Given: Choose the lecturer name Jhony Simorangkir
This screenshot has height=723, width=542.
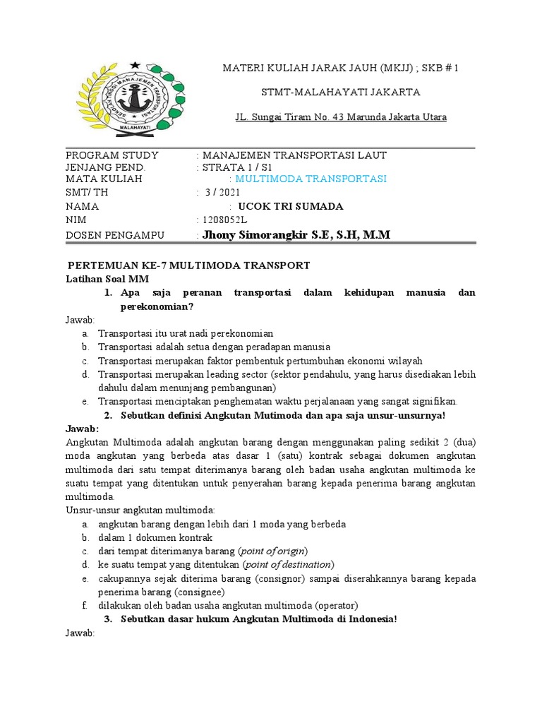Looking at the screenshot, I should coord(296,234).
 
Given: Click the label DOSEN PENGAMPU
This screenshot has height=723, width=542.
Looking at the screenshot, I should coord(114,235).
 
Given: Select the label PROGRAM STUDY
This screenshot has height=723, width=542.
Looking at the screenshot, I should coord(112,155).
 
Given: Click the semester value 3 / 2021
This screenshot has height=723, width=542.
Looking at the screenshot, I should coord(222,193).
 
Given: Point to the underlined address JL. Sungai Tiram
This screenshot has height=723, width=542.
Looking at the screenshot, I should coord(340,117).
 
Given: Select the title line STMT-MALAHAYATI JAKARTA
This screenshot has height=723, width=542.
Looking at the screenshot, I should coord(341,92).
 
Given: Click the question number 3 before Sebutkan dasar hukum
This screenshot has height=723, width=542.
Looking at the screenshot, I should coord(108,619).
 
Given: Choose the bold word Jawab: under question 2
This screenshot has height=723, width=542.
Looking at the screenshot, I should coord(83,429).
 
